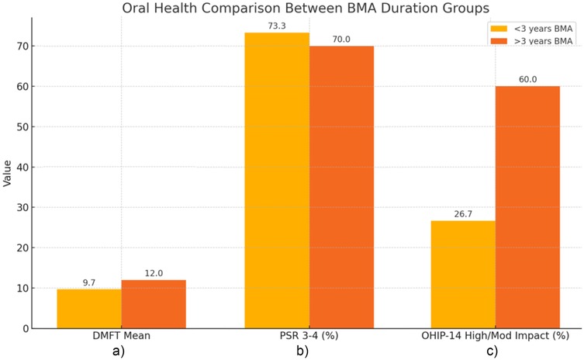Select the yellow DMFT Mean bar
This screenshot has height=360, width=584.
pos(89,308)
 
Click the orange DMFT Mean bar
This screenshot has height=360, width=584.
pos(154,303)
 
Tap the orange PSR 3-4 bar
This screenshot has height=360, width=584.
pos(341,187)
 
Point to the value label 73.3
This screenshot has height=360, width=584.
pos(277,26)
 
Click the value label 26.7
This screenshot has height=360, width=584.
pos(464,213)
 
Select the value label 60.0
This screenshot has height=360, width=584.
pos(527,79)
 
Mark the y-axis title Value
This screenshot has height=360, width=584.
pos(8,173)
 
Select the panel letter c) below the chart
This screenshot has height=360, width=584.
pos(492,351)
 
